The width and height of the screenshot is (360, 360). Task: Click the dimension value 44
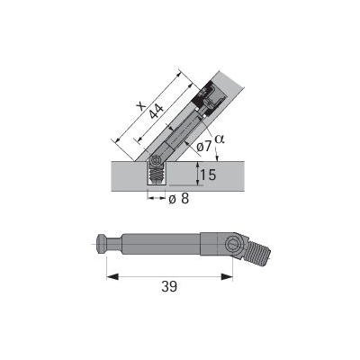(x=157, y=112)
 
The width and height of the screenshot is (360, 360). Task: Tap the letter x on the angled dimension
(x=140, y=106)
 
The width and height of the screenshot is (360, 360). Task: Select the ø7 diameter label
(x=204, y=147)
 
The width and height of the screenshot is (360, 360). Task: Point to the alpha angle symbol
(x=220, y=139)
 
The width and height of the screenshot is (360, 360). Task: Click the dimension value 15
(x=208, y=175)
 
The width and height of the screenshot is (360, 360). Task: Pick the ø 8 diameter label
(x=179, y=199)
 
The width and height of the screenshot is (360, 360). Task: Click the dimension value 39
(x=169, y=286)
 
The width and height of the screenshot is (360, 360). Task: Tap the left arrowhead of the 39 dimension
(x=112, y=276)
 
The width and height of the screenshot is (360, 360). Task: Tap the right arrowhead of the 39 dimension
(x=227, y=276)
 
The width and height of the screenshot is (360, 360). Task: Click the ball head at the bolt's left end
(x=101, y=245)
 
